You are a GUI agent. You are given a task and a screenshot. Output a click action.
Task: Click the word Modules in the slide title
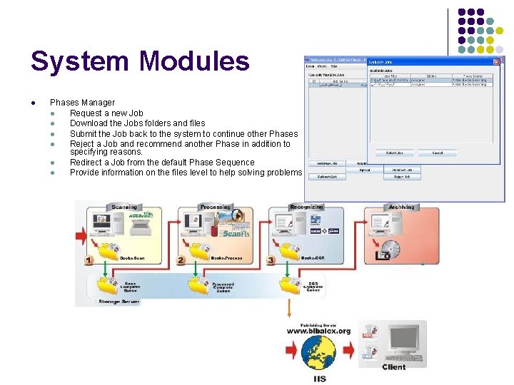[x=195, y=61]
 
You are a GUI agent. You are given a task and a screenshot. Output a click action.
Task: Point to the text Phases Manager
[x=82, y=103]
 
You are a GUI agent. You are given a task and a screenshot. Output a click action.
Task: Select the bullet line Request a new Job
[x=106, y=113]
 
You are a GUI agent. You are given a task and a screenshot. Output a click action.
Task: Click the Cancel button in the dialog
[x=438, y=153]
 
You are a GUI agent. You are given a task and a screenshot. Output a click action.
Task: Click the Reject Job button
[x=402, y=176]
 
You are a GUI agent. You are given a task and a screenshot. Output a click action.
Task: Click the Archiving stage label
[x=401, y=207]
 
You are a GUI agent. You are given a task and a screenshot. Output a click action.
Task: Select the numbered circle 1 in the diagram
[x=89, y=260]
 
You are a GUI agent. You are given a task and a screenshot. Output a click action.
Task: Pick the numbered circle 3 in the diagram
[x=271, y=260]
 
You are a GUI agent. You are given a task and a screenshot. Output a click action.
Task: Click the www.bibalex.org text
[x=318, y=331]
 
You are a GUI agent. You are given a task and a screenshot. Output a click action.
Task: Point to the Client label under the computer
[x=394, y=367]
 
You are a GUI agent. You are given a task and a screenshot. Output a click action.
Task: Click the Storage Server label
[x=119, y=302]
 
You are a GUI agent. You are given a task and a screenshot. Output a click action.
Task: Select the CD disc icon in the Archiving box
[x=390, y=250]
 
